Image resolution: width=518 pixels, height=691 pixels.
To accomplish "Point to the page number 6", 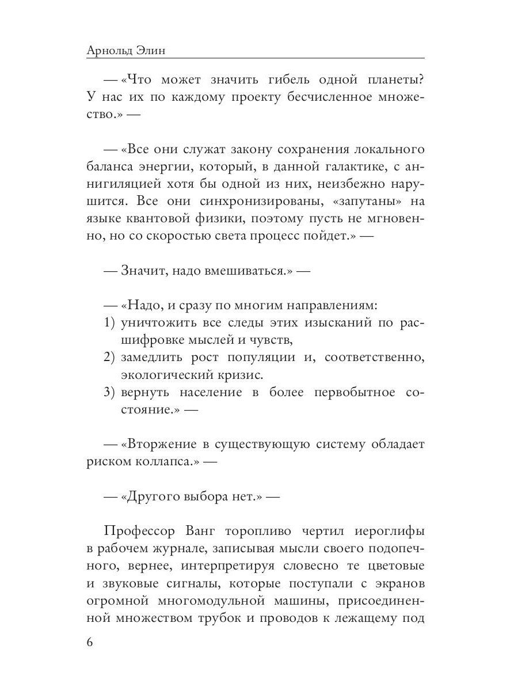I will point(89,643).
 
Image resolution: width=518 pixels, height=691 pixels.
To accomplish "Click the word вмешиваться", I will point(237,271).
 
